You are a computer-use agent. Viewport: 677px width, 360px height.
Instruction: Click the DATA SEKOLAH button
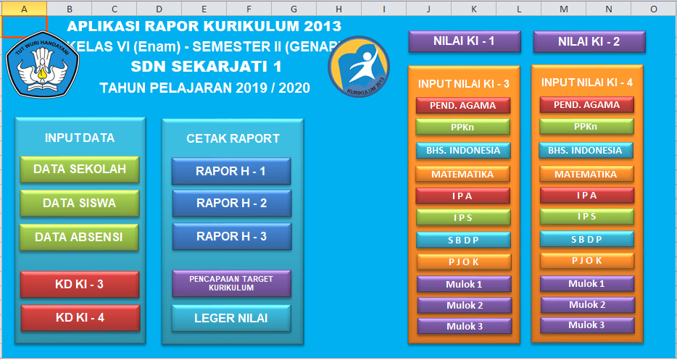pyautogui.click(x=80, y=169)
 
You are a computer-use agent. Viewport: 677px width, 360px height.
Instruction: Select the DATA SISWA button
pyautogui.click(x=80, y=203)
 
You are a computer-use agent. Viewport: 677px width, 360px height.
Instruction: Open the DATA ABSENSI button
pyautogui.click(x=80, y=237)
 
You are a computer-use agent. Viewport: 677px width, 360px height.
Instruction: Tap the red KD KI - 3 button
pyautogui.click(x=80, y=284)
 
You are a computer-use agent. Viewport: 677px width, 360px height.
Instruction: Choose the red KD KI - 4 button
pyautogui.click(x=80, y=317)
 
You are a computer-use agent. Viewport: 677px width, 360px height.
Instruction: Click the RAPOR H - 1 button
pyautogui.click(x=231, y=172)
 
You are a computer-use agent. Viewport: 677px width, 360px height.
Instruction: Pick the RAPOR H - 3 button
pyautogui.click(x=231, y=236)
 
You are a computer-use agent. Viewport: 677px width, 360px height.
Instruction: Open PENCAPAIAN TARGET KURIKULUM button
pyautogui.click(x=231, y=283)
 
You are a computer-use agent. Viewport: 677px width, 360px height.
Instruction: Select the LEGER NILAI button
pyautogui.click(x=231, y=318)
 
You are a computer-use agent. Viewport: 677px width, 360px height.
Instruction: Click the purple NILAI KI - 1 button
pyautogui.click(x=465, y=41)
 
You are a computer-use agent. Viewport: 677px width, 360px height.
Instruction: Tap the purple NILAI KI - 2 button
pyautogui.click(x=589, y=41)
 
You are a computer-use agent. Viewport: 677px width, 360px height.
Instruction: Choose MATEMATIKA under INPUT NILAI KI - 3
pyautogui.click(x=462, y=174)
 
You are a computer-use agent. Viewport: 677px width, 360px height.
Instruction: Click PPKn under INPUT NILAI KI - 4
pyautogui.click(x=586, y=127)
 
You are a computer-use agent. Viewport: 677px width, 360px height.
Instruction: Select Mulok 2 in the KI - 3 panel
pyautogui.click(x=464, y=305)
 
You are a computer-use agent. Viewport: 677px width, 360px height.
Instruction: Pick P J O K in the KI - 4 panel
pyautogui.click(x=586, y=261)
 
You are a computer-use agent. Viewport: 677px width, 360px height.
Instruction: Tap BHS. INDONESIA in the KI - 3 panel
pyautogui.click(x=463, y=151)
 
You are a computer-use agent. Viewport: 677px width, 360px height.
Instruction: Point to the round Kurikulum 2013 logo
pyautogui.click(x=359, y=66)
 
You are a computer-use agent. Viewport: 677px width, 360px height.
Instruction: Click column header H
pyautogui.click(x=338, y=9)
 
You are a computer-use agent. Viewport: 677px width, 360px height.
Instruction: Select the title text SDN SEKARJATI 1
pyautogui.click(x=207, y=67)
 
